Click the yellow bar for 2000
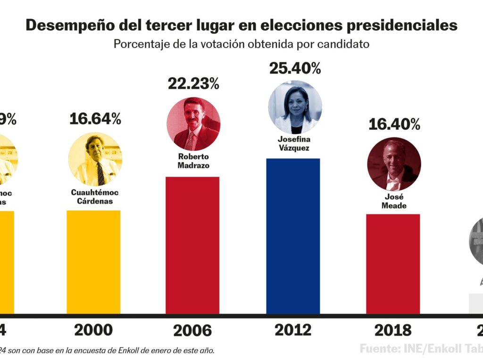93,262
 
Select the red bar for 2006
192,245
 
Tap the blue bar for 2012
293,236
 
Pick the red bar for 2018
393,264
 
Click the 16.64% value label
95,119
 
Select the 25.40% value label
295,68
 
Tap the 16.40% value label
394,124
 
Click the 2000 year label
93,330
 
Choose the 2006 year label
192,330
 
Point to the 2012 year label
292,330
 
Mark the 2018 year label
393,330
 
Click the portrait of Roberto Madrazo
193,124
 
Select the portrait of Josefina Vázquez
295,107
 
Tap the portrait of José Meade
394,164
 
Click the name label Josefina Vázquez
294,144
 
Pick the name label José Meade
394,201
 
